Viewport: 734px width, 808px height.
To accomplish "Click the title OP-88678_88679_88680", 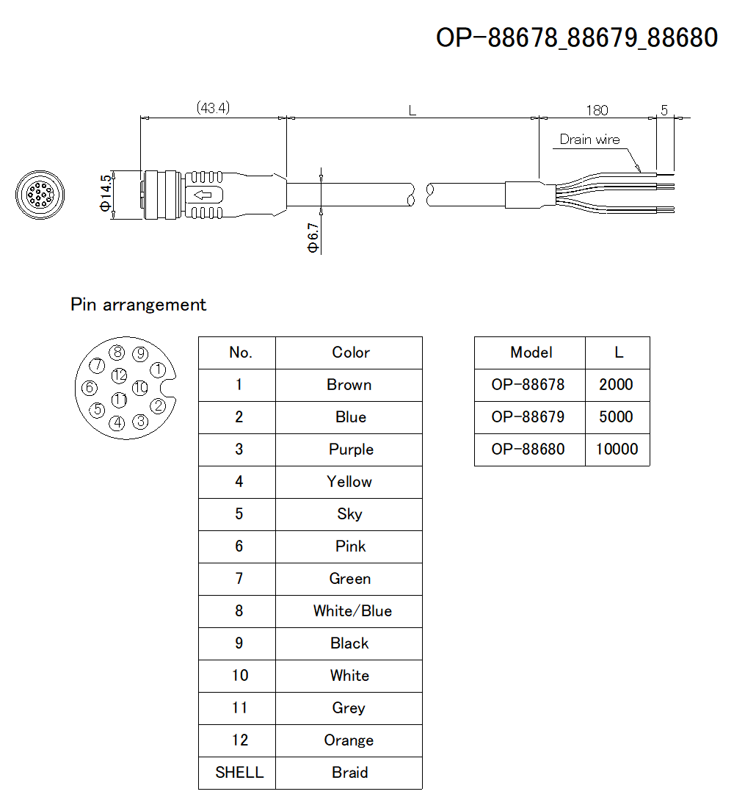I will [577, 37].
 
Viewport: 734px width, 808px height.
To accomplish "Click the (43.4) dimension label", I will [213, 108].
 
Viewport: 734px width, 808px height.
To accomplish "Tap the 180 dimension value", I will [597, 110].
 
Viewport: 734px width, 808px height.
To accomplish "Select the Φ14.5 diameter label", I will [107, 193].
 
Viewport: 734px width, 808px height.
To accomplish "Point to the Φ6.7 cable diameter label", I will [314, 238].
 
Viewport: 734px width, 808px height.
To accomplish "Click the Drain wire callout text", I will [589, 140].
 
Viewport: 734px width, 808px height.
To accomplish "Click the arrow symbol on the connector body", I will [202, 195].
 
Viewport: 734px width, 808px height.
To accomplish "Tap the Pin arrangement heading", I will [139, 305].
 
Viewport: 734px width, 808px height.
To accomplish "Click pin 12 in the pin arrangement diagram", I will [120, 375].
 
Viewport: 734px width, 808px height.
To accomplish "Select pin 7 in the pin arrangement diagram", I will [96, 364].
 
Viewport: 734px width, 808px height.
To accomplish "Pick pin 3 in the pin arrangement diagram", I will [140, 422].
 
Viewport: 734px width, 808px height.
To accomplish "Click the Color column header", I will [350, 353].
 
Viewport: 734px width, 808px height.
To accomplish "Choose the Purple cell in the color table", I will [351, 450].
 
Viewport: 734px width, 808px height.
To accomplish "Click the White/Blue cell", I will [352, 611].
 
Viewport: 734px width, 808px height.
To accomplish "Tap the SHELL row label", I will [239, 773].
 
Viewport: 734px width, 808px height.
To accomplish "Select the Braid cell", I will [349, 773].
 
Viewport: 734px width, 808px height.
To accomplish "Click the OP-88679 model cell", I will [528, 417].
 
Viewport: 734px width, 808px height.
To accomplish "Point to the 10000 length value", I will [617, 450].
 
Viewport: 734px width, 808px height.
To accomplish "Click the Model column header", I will [531, 353].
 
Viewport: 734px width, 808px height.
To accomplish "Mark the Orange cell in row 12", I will [349, 740].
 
